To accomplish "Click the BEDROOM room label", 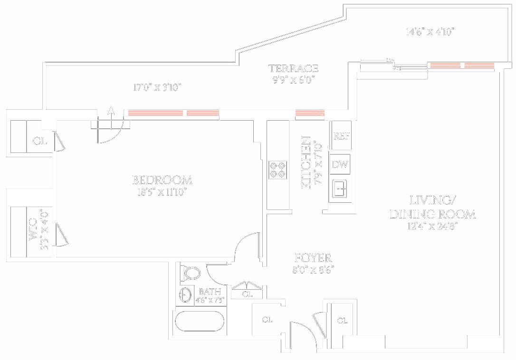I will [x=162, y=180].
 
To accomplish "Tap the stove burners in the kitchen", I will [x=277, y=170].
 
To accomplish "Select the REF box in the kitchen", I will [x=342, y=136].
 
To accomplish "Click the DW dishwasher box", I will [x=340, y=165].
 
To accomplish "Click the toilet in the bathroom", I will [x=191, y=274].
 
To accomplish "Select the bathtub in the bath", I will [x=200, y=322].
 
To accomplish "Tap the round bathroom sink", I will [x=186, y=294].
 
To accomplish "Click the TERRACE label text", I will [x=293, y=69].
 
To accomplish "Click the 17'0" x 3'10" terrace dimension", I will [x=157, y=87].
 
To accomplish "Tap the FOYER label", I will [x=313, y=258].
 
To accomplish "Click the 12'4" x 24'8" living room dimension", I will [x=432, y=227].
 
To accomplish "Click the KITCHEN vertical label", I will [x=306, y=162].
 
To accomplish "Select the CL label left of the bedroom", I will [x=40, y=141].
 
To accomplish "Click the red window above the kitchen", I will [x=310, y=114].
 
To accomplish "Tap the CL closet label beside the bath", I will [x=247, y=294].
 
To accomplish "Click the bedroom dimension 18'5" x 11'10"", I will [x=162, y=192].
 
